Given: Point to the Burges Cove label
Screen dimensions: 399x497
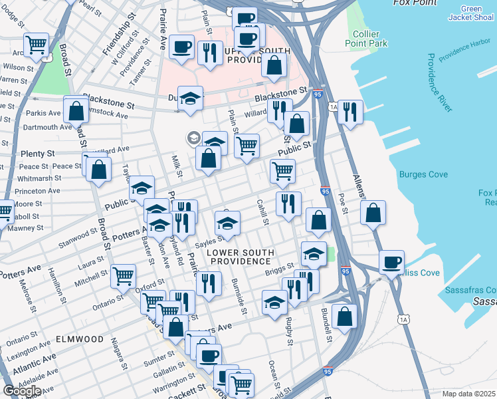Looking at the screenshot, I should [x=423, y=175].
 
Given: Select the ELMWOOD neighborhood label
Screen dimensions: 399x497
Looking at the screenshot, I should [x=79, y=339].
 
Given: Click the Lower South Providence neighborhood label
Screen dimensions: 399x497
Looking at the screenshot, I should [x=240, y=256].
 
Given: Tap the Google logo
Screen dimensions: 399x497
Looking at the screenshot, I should [x=21, y=390].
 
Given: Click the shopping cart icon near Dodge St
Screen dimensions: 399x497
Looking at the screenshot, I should [x=36, y=45].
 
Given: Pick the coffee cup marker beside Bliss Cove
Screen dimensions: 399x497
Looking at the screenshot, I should [x=392, y=261].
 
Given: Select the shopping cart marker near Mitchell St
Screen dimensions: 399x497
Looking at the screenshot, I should [x=123, y=275].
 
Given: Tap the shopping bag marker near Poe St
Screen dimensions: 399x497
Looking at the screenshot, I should [x=374, y=213].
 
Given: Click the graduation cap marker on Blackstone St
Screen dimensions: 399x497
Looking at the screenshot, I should [x=191, y=98].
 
